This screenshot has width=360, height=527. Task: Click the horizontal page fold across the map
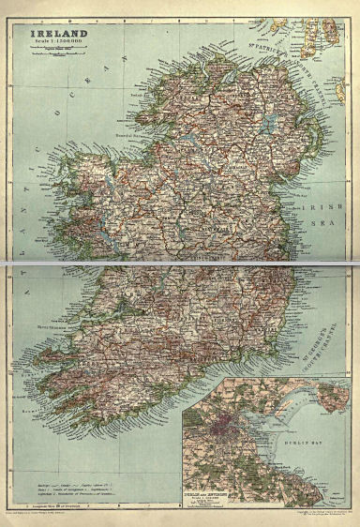(180, 265)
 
